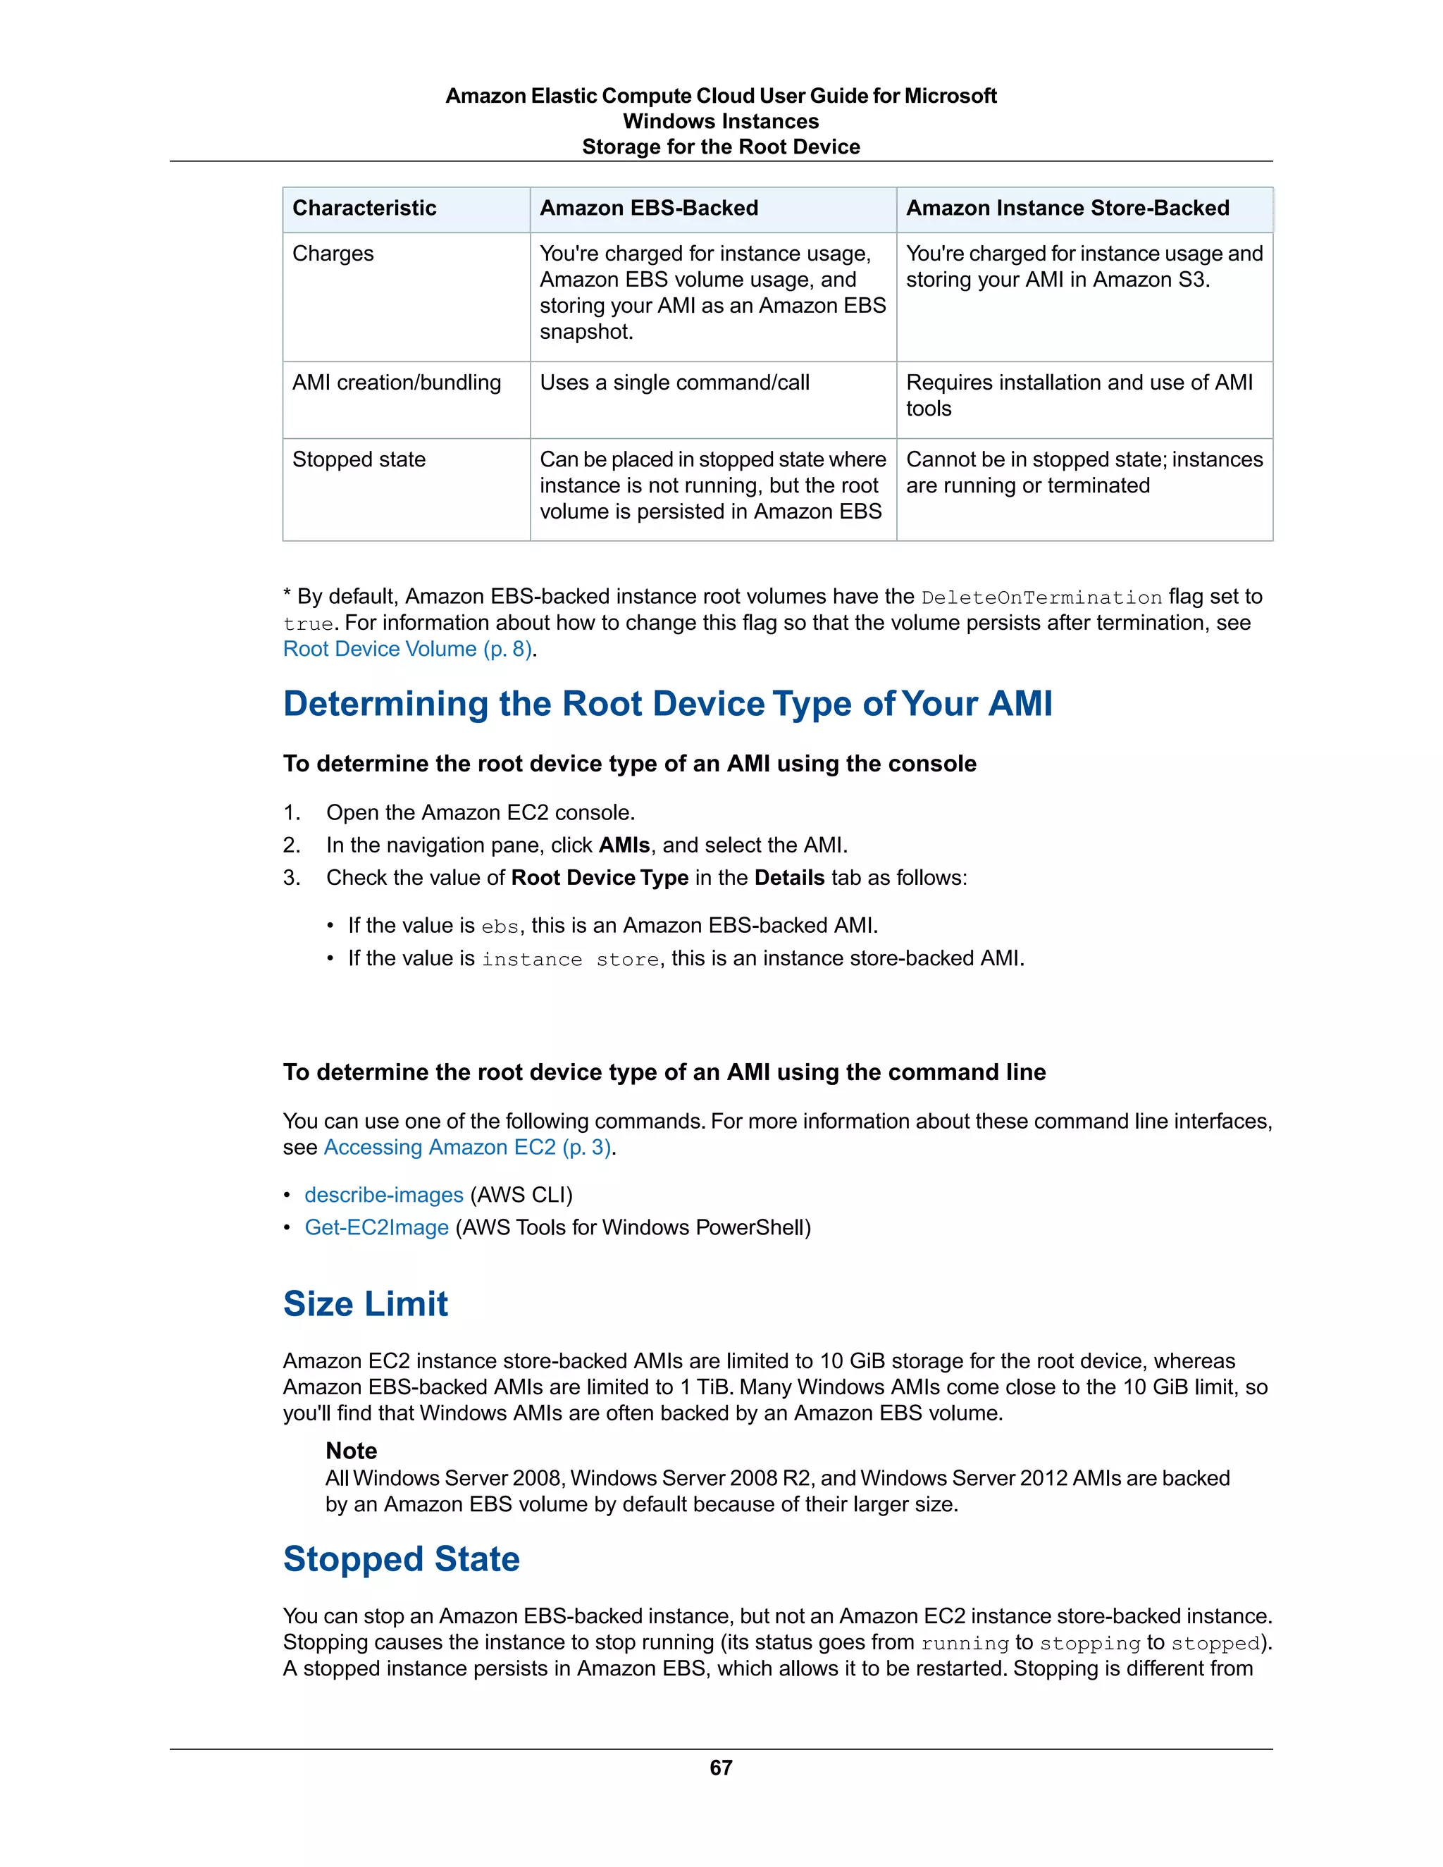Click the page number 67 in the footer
tap(721, 1767)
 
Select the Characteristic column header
tap(364, 209)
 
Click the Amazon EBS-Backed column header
tap(649, 209)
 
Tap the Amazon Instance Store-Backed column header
tap(1067, 209)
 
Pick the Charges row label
tap(333, 254)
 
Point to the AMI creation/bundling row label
tap(397, 383)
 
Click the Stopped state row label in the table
tap(359, 460)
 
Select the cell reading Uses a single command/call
tap(674, 383)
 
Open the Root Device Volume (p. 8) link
tap(408, 650)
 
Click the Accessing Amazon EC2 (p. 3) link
tap(466, 1147)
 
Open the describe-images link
tap(384, 1195)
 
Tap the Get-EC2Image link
tap(376, 1227)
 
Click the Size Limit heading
tap(365, 1303)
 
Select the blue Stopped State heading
tap(401, 1559)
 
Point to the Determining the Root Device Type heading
tap(667, 704)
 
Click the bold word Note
tap(352, 1451)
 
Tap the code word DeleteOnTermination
tap(1041, 597)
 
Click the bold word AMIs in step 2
tap(624, 845)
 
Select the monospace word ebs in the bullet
tap(500, 926)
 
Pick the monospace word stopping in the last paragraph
tap(1090, 1643)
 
